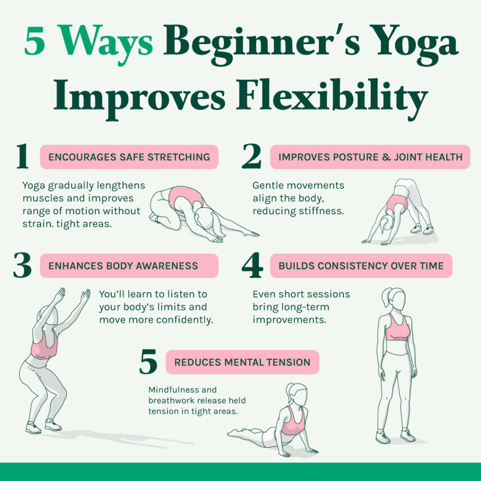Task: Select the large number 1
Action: pos(22,157)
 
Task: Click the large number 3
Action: pos(22,266)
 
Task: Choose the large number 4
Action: pos(252,266)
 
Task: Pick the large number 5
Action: pos(148,363)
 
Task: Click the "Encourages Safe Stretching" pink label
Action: pos(129,157)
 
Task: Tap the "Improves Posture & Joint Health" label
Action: pos(370,157)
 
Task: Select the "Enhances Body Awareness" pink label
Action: pos(129,266)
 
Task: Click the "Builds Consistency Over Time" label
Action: pos(361,266)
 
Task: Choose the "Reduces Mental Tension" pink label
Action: pos(242,362)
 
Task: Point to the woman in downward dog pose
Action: pos(399,207)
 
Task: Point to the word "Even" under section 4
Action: pos(263,295)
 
